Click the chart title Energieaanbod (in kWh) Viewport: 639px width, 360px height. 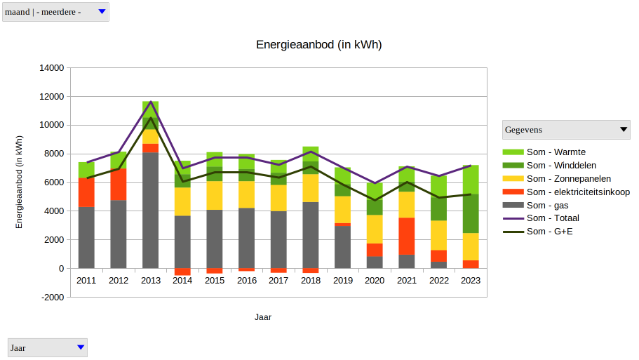[x=318, y=45]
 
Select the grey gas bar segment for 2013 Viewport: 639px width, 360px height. [x=151, y=211]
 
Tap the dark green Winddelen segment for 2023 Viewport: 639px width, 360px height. [x=471, y=213]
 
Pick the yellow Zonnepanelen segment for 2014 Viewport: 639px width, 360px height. [x=182, y=201]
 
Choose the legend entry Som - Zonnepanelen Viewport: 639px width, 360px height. [x=568, y=179]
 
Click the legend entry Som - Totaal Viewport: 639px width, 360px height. [x=553, y=218]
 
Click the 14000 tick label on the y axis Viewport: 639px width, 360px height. [x=51, y=68]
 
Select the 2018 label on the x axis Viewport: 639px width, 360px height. [x=311, y=281]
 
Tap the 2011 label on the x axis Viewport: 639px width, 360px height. [x=86, y=281]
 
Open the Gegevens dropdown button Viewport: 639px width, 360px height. [x=566, y=130]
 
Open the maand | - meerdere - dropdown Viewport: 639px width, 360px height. [x=55, y=12]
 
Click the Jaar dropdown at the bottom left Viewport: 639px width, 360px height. [x=48, y=347]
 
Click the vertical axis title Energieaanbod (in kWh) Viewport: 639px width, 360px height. [x=20, y=182]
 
